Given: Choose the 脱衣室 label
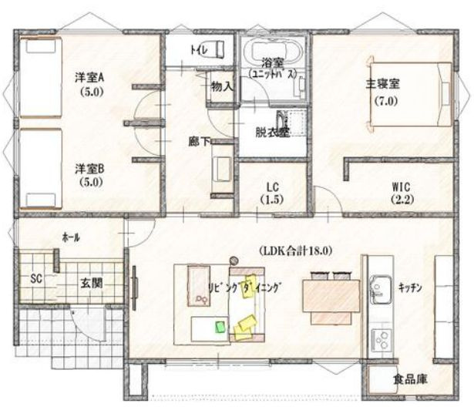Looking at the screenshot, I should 272,132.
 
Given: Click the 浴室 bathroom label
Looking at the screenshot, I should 273,62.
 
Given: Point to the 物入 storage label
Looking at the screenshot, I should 222,86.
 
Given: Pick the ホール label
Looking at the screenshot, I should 71,238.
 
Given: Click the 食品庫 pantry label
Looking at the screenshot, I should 410,379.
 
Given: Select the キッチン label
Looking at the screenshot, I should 409,287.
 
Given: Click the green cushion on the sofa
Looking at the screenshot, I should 220,327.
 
